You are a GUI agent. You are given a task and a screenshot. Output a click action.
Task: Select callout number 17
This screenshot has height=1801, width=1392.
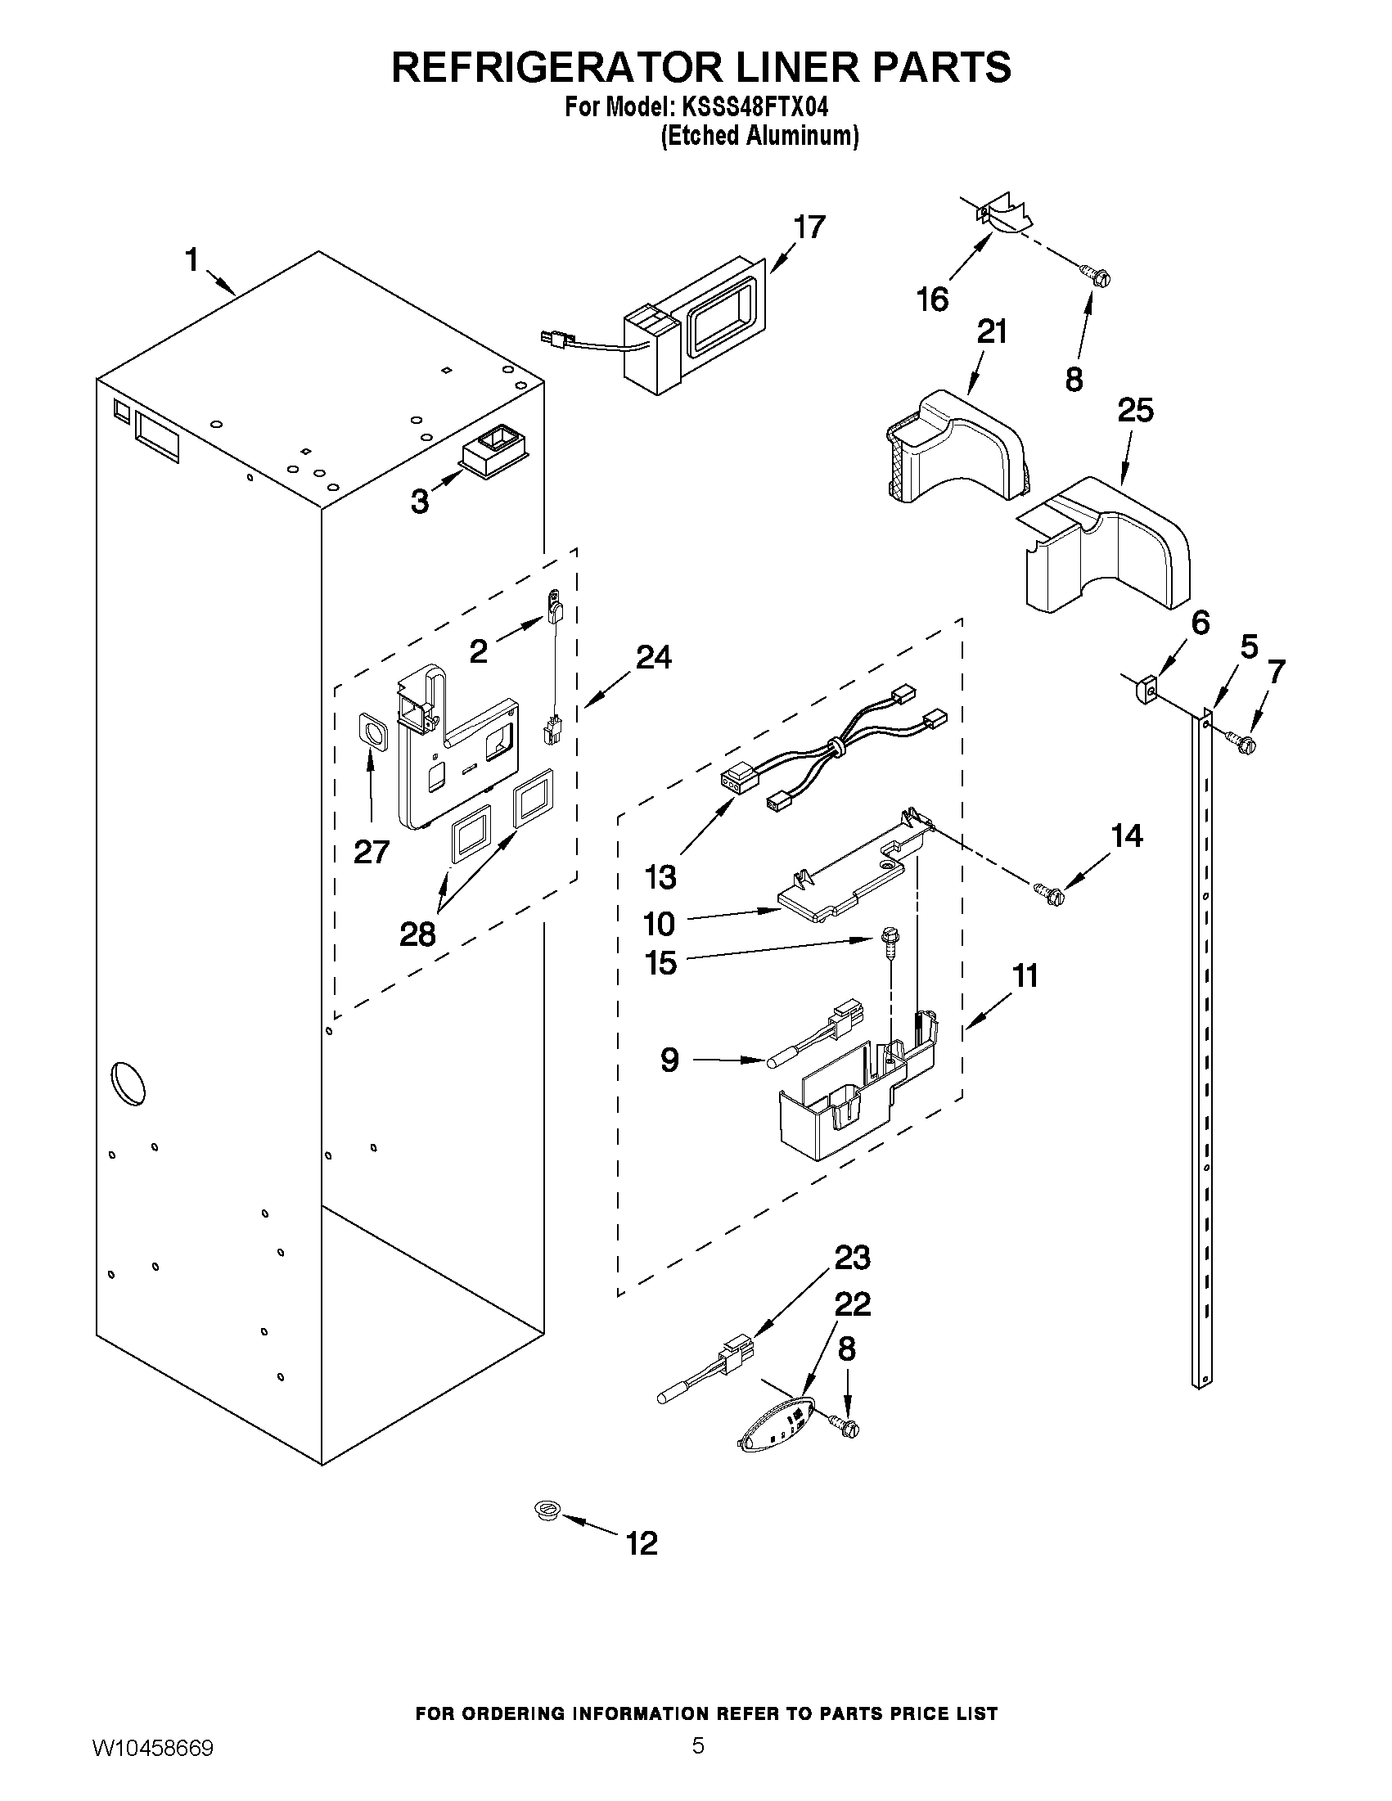809,227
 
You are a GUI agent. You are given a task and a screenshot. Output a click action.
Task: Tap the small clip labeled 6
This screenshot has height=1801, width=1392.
1145,686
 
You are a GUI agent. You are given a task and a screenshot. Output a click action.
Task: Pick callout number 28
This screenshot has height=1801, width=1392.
417,934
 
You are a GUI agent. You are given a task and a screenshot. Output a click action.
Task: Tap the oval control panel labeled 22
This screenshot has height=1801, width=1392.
775,1427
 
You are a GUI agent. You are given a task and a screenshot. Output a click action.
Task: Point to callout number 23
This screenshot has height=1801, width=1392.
852,1258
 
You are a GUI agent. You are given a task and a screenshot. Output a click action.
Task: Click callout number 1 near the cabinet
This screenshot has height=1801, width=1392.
191,260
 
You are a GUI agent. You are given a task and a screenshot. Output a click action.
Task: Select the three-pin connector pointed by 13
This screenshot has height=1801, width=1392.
737,780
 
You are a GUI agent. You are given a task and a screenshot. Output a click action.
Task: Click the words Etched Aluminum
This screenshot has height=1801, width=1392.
759,136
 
